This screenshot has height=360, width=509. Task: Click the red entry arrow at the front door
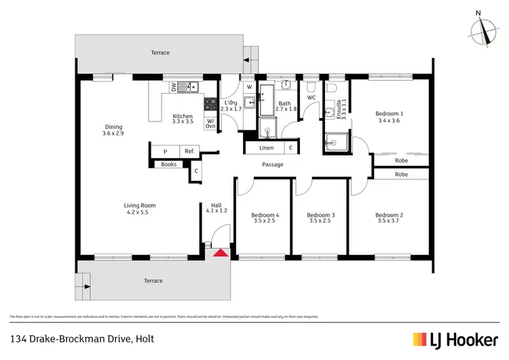(x=220, y=253)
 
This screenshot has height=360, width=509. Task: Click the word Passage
(x=272, y=164)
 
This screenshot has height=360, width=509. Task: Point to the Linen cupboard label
(x=267, y=147)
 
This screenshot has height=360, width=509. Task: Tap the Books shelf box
(x=168, y=164)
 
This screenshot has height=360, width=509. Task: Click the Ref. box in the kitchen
(x=189, y=151)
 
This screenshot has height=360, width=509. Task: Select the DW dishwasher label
(x=174, y=87)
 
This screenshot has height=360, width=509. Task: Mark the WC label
(x=312, y=98)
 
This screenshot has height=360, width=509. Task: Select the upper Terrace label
(x=160, y=52)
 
